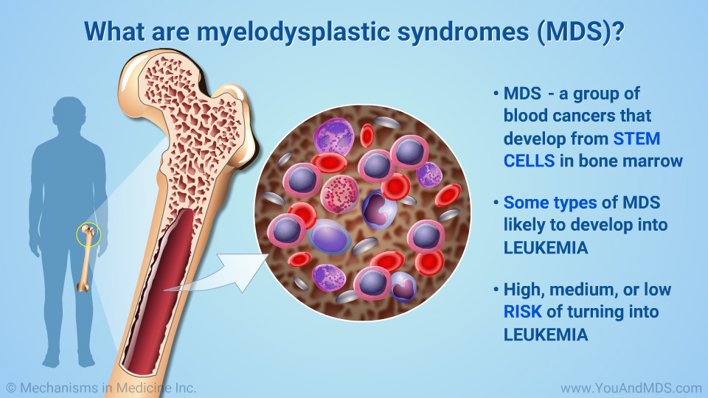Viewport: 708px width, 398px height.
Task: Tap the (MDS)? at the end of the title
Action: pos(580,32)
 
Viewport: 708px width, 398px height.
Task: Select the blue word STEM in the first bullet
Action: pos(636,139)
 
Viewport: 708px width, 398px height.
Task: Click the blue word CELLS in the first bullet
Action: pos(530,161)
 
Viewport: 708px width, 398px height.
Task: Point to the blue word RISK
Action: pos(522,312)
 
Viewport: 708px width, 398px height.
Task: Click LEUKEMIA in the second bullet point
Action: pos(546,248)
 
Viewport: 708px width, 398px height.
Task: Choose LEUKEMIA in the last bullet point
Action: pos(546,335)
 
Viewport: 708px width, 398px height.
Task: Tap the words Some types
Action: pos(550,203)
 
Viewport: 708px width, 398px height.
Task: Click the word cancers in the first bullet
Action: pos(584,116)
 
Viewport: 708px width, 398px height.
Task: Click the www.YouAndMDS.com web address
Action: pos(631,388)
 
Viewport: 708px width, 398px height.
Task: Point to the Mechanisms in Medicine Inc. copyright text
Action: pos(101,388)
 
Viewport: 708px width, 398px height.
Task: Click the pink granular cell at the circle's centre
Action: pos(339,195)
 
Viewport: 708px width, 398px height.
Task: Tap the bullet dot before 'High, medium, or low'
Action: pos(496,289)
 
